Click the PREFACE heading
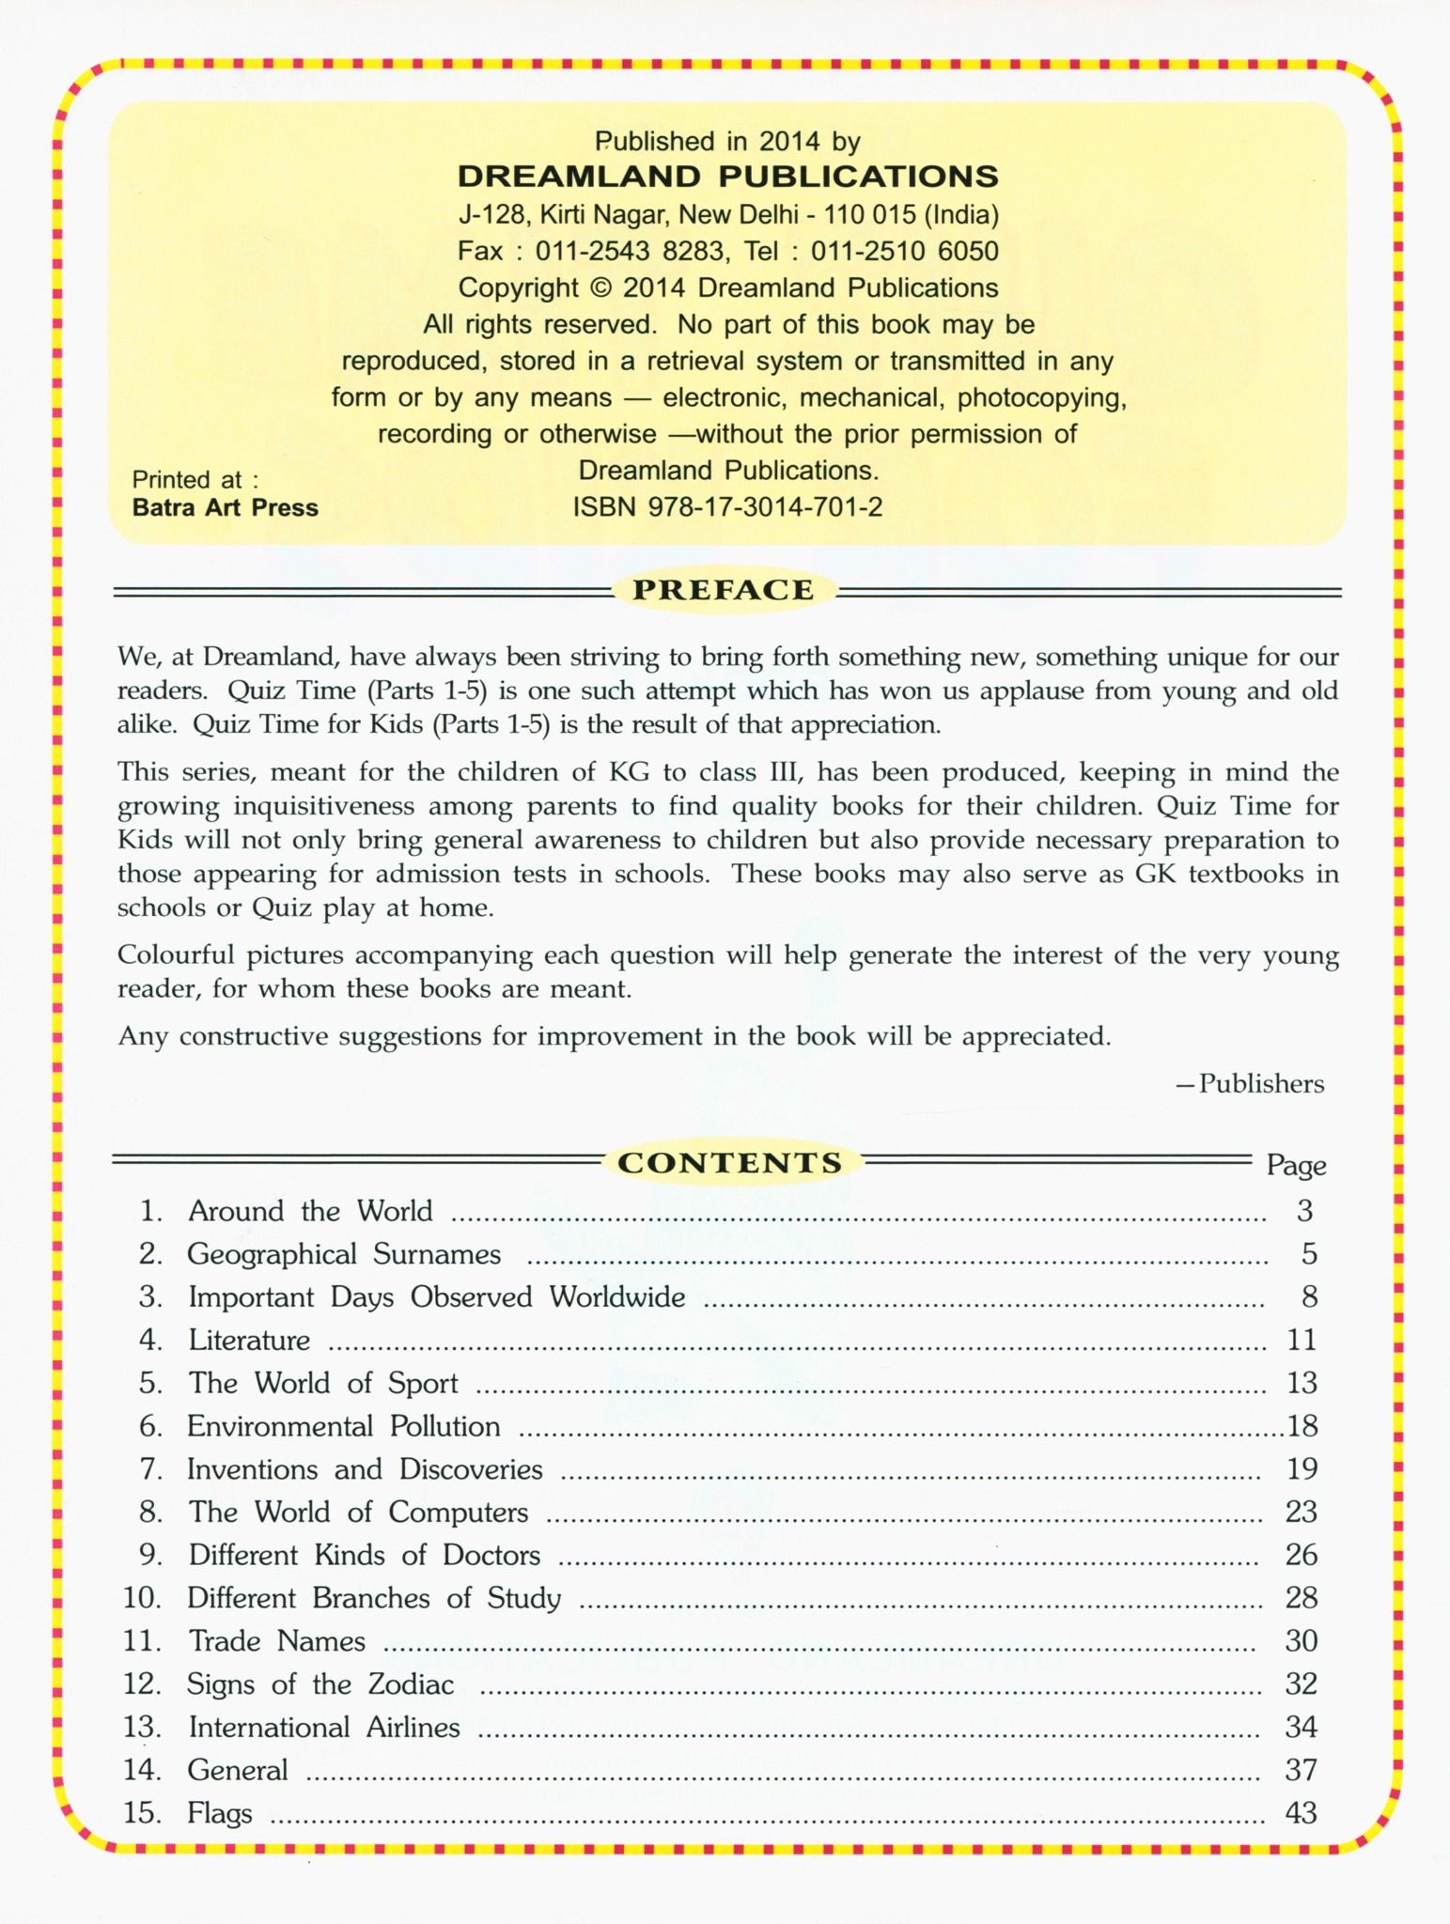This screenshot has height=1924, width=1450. (x=723, y=590)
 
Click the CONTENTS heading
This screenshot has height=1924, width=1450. (x=729, y=1162)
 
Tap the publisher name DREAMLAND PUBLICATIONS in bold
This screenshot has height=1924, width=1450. (x=727, y=177)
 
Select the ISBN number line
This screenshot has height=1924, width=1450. (x=727, y=507)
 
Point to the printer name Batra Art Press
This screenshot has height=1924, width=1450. (x=225, y=507)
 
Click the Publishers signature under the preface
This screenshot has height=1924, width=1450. (x=1251, y=1084)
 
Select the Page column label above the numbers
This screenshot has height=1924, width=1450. (x=1296, y=1165)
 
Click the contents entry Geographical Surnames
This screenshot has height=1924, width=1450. (x=344, y=1254)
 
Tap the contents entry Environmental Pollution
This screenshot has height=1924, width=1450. (x=343, y=1426)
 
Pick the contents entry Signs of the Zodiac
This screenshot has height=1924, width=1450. (x=320, y=1684)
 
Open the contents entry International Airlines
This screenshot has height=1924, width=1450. (x=323, y=1728)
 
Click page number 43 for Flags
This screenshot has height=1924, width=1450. (x=1301, y=1813)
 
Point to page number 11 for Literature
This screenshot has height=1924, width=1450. (x=1301, y=1341)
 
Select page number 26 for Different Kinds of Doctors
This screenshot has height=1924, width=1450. (x=1301, y=1555)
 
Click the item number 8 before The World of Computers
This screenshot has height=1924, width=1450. (x=150, y=1513)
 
